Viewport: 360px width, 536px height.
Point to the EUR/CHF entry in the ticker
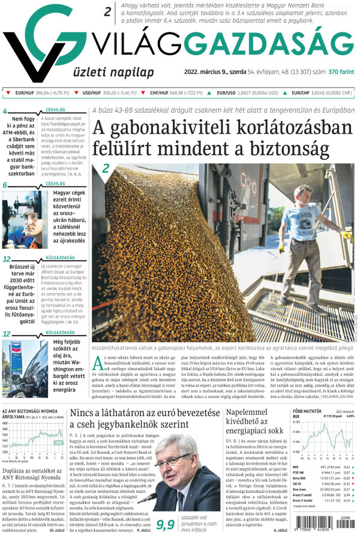(x=302, y=93)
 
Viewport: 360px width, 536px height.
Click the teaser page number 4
(x=5, y=111)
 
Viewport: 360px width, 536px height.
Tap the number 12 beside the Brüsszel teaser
(x=7, y=260)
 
